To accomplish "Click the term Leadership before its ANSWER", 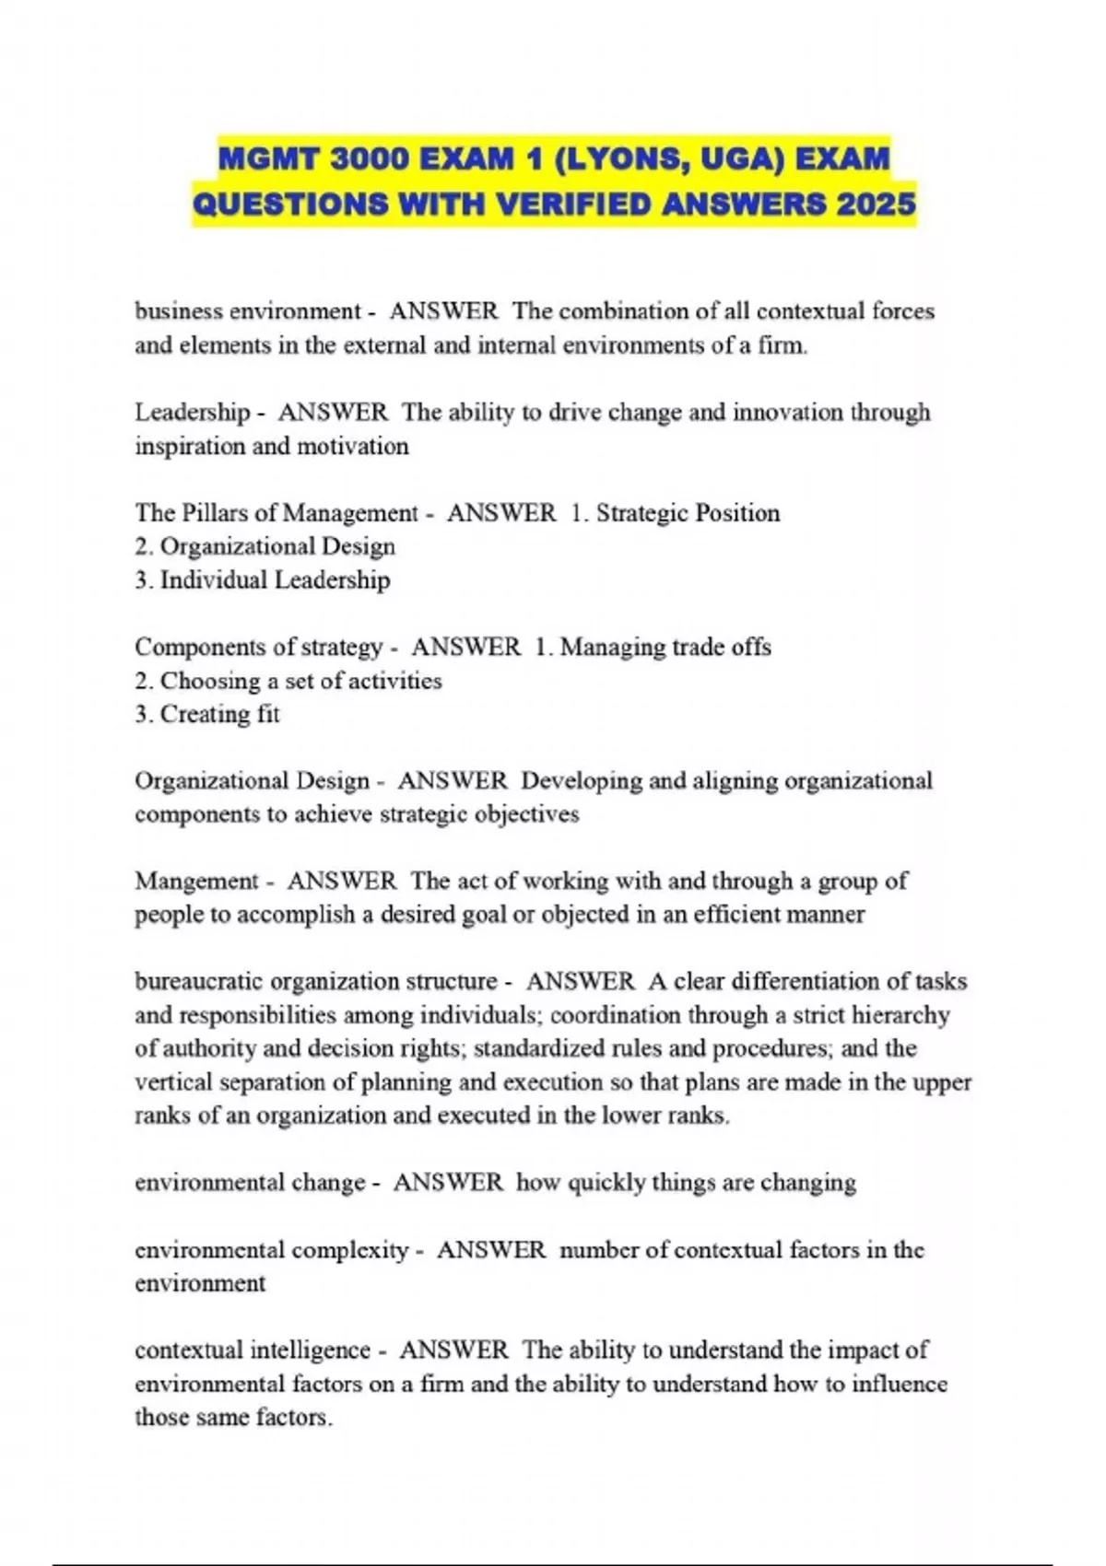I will tap(193, 413).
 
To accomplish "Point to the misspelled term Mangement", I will tap(196, 882).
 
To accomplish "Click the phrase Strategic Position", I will tap(688, 513).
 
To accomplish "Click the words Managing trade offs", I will tap(665, 647).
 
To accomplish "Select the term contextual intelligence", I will tap(252, 1350).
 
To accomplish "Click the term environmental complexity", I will tap(271, 1250).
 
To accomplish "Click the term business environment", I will tap(247, 311).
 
